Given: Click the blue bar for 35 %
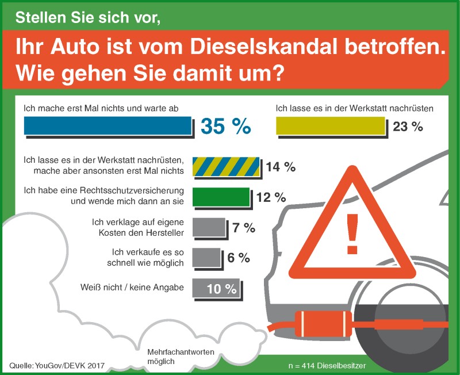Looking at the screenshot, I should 108,126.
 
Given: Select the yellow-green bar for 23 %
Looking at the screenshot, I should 331,126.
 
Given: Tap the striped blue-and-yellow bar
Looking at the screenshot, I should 227,166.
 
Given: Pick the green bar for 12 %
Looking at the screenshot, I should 221,197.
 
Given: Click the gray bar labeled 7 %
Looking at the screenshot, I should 209,227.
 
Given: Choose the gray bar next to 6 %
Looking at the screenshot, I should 206,257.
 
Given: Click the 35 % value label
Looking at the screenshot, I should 225,127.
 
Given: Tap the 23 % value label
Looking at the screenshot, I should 408,127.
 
